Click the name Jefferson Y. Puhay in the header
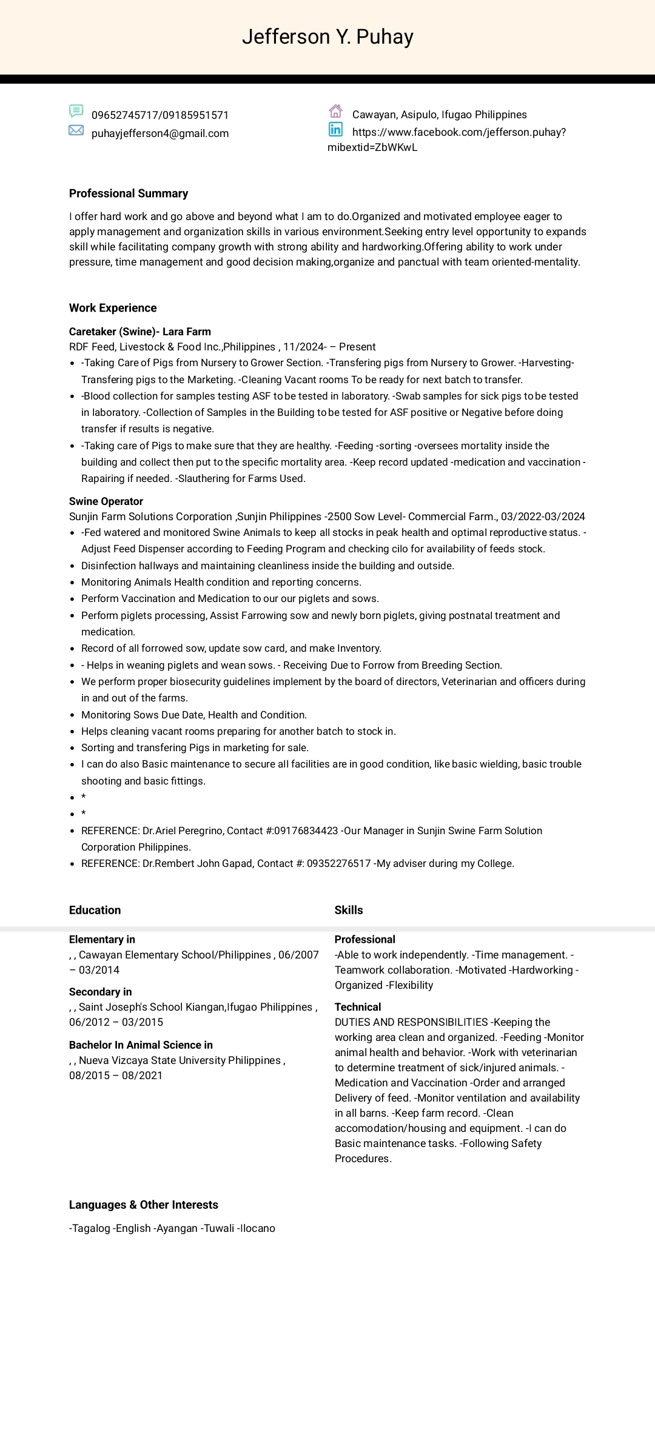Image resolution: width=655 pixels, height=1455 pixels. [327, 37]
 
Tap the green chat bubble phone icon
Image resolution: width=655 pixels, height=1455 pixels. [76, 111]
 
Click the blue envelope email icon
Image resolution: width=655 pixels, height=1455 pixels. [76, 130]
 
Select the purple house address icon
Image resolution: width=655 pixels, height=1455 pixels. [335, 111]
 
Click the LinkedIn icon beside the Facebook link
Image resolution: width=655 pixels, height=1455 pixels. [335, 129]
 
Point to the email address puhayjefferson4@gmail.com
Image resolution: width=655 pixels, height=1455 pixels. [160, 133]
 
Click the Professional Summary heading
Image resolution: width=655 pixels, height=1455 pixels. [129, 193]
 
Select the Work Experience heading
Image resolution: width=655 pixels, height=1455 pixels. [113, 308]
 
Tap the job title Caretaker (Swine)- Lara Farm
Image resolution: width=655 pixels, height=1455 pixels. [140, 332]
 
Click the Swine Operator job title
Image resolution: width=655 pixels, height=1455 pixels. [106, 501]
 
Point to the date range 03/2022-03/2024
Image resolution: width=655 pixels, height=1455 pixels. [543, 517]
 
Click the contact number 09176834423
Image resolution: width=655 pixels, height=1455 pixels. [306, 831]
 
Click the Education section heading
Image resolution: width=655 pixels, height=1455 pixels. [95, 910]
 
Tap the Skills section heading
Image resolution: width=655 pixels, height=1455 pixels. [349, 910]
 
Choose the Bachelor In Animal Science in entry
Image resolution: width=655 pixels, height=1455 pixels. [141, 1045]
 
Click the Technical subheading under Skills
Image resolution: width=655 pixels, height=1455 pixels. [358, 1007]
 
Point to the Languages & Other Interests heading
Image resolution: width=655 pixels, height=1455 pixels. [144, 1205]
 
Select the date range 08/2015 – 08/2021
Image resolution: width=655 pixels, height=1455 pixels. [116, 1075]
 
